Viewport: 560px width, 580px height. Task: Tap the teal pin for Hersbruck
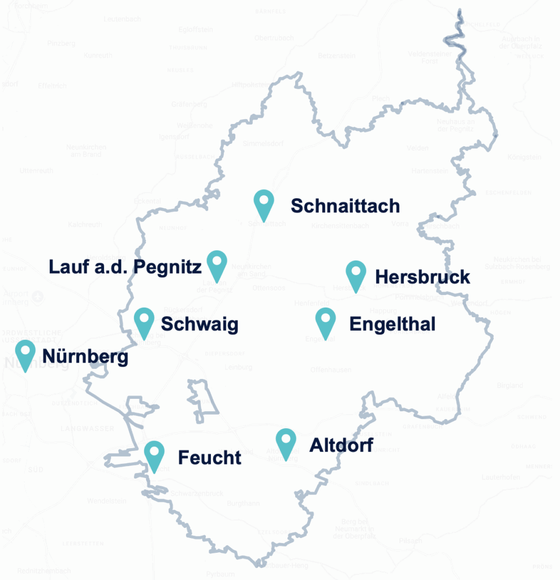coord(356,274)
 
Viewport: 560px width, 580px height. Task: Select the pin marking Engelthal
coord(325,321)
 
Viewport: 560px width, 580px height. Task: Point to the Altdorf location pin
coord(286,441)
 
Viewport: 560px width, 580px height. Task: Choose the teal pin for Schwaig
coord(144,321)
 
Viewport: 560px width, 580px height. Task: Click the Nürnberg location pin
coord(25,353)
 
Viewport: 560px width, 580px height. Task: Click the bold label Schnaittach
coord(345,206)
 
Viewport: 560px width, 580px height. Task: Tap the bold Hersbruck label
coord(422,277)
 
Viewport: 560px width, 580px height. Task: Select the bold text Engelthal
coord(393,325)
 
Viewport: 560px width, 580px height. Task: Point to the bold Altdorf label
coord(341,445)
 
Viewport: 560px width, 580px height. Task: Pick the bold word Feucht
coord(209,458)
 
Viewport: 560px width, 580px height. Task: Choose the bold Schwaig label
coord(199,325)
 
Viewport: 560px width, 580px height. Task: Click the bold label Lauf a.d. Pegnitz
coord(124,267)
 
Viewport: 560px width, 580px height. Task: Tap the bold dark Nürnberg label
coord(85,357)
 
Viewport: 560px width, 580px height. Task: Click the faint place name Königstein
coord(524,157)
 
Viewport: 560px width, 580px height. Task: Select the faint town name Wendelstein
coord(106,501)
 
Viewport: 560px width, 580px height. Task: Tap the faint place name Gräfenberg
coord(189,104)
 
